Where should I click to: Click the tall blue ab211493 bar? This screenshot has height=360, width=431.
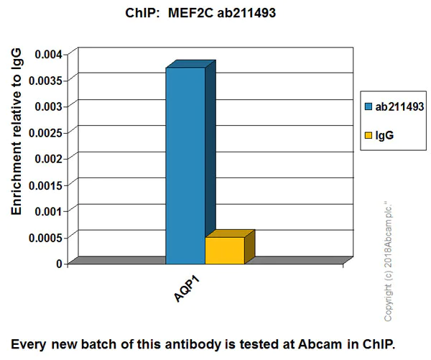coord(185,165)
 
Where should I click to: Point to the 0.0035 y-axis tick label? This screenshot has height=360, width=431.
coord(45,80)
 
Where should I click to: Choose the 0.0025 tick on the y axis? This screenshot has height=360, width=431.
coord(45,132)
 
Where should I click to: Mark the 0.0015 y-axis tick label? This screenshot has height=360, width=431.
coord(45,185)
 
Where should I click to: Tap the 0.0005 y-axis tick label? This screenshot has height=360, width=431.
coord(45,237)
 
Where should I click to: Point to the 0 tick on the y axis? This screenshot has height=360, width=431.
coord(61,264)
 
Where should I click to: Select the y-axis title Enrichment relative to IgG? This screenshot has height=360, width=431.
coord(17,133)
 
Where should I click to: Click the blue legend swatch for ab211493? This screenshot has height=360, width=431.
coord(370,106)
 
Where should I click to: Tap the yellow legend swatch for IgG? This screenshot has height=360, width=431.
coord(370,134)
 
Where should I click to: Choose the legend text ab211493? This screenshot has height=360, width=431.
coord(397,106)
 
